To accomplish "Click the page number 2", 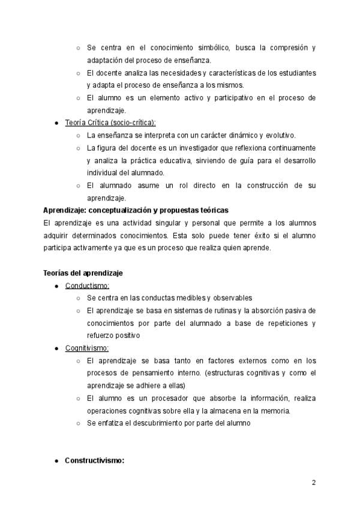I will point(313,483).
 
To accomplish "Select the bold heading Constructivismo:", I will point(95,461).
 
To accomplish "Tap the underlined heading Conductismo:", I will point(87,285).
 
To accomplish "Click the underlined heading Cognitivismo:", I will point(87,348).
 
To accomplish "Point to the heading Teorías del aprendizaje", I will point(83,273).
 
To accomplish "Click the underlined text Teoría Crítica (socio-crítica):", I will point(110,122).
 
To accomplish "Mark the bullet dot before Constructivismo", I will point(56,461).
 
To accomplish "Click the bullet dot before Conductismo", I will point(56,286).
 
